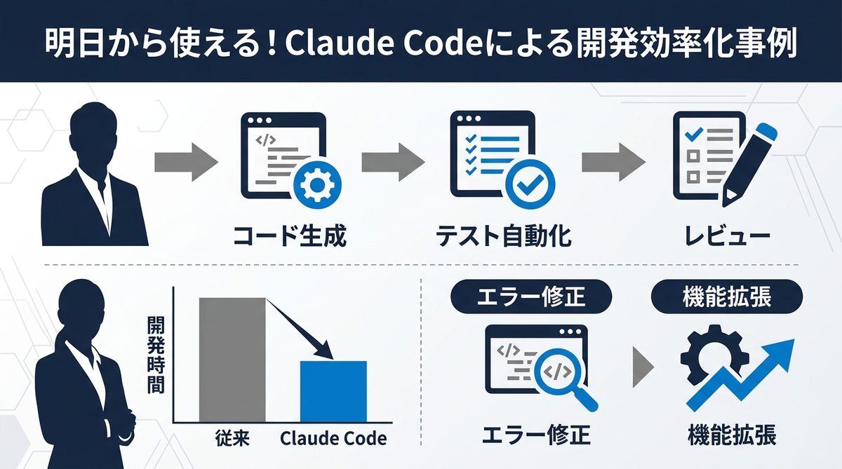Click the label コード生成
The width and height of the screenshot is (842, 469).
tap(289, 237)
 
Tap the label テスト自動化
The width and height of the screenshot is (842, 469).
tap(503, 237)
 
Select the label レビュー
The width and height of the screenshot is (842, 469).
tap(727, 237)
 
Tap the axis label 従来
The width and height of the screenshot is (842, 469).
tap(232, 439)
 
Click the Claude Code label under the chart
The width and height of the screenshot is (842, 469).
tap(333, 439)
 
